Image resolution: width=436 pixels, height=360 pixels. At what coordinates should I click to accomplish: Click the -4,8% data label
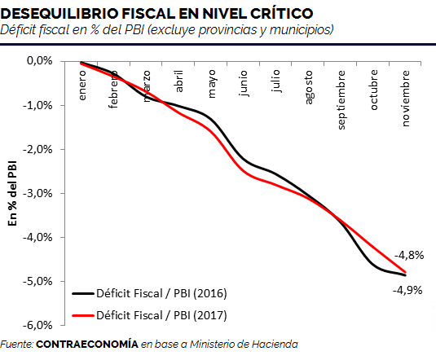point(409,255)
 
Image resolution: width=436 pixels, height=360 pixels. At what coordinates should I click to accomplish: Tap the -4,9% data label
point(407,291)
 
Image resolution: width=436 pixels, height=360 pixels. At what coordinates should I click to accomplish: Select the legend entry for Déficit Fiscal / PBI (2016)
point(150,293)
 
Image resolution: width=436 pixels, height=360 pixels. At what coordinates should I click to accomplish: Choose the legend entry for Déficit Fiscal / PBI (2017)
point(150,315)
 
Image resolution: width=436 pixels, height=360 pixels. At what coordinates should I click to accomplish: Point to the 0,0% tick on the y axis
point(40,60)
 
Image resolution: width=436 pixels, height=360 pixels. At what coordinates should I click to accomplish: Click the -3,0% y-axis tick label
point(37,193)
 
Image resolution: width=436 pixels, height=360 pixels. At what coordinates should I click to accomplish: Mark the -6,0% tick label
point(37,325)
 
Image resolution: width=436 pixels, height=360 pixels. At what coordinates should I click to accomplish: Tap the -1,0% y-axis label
point(37,105)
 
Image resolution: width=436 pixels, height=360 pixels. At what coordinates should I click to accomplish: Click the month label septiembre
point(341,100)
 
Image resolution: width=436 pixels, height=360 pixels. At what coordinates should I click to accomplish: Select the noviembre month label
point(406,99)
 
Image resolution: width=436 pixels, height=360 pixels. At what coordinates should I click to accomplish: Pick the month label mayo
point(212,84)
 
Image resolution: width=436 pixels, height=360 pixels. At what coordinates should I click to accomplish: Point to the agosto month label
point(309,88)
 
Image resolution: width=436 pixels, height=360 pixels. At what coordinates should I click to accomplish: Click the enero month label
point(82,86)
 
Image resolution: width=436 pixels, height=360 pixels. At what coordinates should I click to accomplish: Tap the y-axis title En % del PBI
point(12,193)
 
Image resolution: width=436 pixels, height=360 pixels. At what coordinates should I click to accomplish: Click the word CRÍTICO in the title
point(281,13)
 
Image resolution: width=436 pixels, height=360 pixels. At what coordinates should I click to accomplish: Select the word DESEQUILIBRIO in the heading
point(59,13)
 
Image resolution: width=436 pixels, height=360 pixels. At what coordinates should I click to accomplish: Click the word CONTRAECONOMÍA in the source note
point(87,345)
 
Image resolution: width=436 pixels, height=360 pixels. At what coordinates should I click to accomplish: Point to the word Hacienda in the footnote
point(275,345)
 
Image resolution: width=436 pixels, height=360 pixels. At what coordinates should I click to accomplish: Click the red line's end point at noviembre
point(405,272)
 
